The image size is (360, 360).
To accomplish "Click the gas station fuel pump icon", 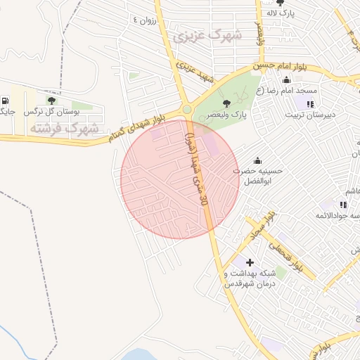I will (6, 100).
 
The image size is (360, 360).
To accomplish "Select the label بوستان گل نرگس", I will (43, 112).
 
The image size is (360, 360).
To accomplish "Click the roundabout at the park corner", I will (186, 110).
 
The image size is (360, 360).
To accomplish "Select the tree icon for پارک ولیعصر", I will (226, 104).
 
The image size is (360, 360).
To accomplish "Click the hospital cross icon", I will (250, 262).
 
